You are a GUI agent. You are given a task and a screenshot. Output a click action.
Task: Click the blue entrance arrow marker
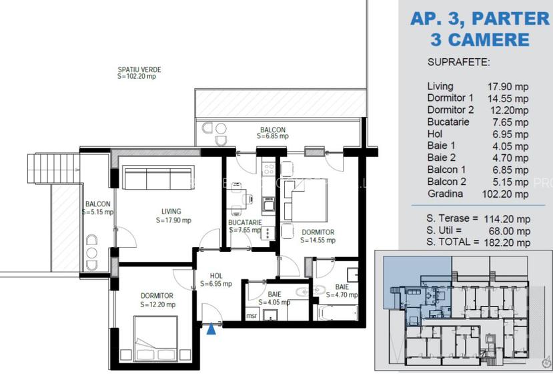coord(212,328)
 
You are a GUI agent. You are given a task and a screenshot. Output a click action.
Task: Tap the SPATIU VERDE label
coord(139,69)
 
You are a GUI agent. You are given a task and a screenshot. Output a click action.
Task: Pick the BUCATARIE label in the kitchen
coord(244,222)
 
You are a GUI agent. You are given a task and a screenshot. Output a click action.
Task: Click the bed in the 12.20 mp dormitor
coord(155,338)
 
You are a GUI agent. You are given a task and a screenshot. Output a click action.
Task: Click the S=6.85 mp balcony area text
coord(272,136)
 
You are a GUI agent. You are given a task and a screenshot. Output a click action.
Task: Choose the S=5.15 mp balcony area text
coord(97,212)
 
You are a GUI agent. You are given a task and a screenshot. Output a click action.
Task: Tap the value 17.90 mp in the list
coord(508,86)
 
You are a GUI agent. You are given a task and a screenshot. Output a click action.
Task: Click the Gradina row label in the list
coord(445,194)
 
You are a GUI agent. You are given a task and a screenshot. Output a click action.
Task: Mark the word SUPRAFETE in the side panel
coord(458,62)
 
